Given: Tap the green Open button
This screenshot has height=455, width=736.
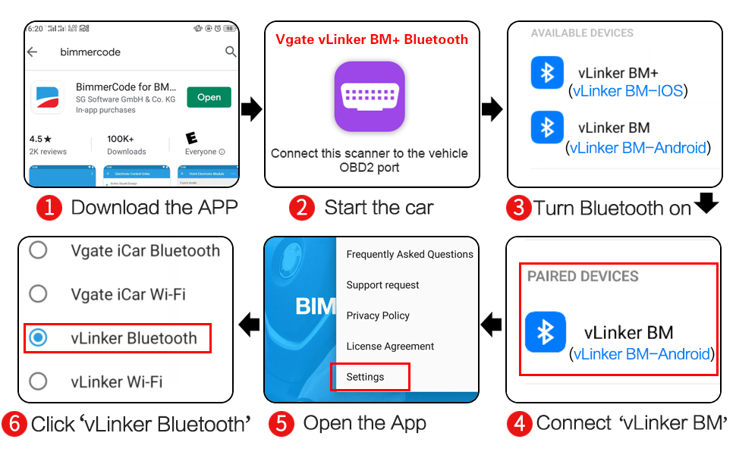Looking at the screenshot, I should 209,97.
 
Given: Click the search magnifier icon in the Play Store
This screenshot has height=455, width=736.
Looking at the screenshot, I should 231,52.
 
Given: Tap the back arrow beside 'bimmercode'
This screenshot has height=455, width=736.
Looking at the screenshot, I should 33,52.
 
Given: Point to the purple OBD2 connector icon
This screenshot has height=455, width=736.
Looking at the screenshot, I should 370,96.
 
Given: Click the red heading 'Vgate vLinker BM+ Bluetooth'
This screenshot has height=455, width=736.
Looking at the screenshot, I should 371,39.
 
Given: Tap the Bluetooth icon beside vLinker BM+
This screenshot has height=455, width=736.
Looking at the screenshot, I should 547,73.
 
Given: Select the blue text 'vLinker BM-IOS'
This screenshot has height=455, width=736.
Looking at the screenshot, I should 628,91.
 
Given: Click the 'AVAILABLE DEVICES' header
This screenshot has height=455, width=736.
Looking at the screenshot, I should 582,33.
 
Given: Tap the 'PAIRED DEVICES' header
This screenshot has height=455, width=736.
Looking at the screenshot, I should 583,277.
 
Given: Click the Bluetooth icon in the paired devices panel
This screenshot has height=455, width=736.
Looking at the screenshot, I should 546,332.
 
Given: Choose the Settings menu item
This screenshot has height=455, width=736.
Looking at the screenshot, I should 366,377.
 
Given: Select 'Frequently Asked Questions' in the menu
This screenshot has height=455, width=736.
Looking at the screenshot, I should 410,255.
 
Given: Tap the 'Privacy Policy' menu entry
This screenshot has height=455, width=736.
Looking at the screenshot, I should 378,315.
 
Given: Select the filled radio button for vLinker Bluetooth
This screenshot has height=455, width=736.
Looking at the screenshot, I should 37,338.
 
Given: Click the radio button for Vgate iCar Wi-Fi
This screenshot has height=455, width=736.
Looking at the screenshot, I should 37,293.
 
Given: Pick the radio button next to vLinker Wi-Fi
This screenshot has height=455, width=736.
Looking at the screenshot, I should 37,381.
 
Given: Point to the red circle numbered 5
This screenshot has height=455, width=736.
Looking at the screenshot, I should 281,424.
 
